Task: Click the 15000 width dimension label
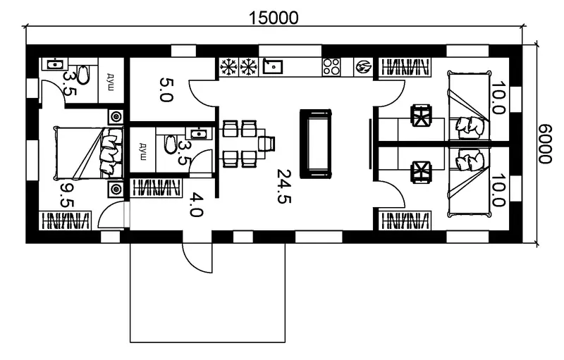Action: [274, 18]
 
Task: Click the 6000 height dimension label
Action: [545, 144]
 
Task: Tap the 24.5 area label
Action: [284, 186]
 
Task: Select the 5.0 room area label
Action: [166, 89]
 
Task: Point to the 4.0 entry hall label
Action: [197, 205]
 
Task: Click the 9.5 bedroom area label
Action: [67, 195]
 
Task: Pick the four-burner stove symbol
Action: [331, 67]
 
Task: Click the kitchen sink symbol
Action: [272, 66]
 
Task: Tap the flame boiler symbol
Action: [363, 67]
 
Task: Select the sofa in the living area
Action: [315, 144]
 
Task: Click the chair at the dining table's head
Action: [266, 144]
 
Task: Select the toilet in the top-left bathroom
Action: [82, 75]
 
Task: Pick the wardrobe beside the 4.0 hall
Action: [156, 187]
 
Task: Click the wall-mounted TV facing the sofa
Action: [369, 144]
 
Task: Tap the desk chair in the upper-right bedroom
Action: [421, 116]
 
